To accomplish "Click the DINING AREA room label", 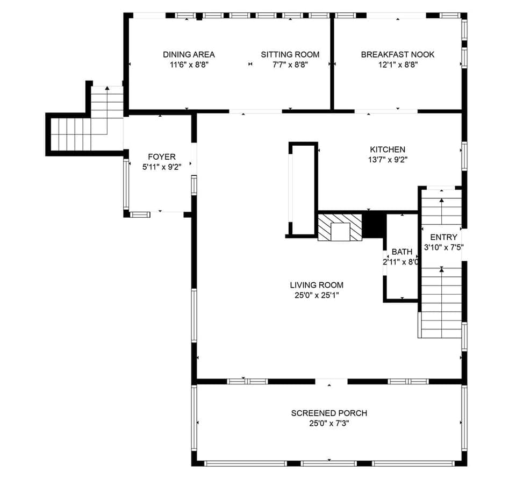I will pos(189,54).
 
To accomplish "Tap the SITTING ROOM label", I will pos(290,54).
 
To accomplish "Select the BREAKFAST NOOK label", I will pos(397,54).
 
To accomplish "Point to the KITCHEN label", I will pos(387,149).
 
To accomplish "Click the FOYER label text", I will pos(161,157).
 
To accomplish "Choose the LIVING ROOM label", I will pos(316,285).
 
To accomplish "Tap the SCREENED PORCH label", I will pos(329,413).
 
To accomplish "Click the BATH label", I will pos(402,252).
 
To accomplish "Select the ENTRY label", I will pos(443,237).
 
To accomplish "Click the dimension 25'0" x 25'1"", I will pos(316,295).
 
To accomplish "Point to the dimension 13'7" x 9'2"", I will pos(387,159).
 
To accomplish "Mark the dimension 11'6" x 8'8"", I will pos(189,65).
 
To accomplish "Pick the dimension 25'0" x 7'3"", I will pos(329,423).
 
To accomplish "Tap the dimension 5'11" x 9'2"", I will pos(161,167).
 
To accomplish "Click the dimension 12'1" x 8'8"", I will pos(397,65).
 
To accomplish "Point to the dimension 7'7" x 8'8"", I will pos(290,65).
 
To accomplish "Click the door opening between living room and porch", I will pos(331,382).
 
